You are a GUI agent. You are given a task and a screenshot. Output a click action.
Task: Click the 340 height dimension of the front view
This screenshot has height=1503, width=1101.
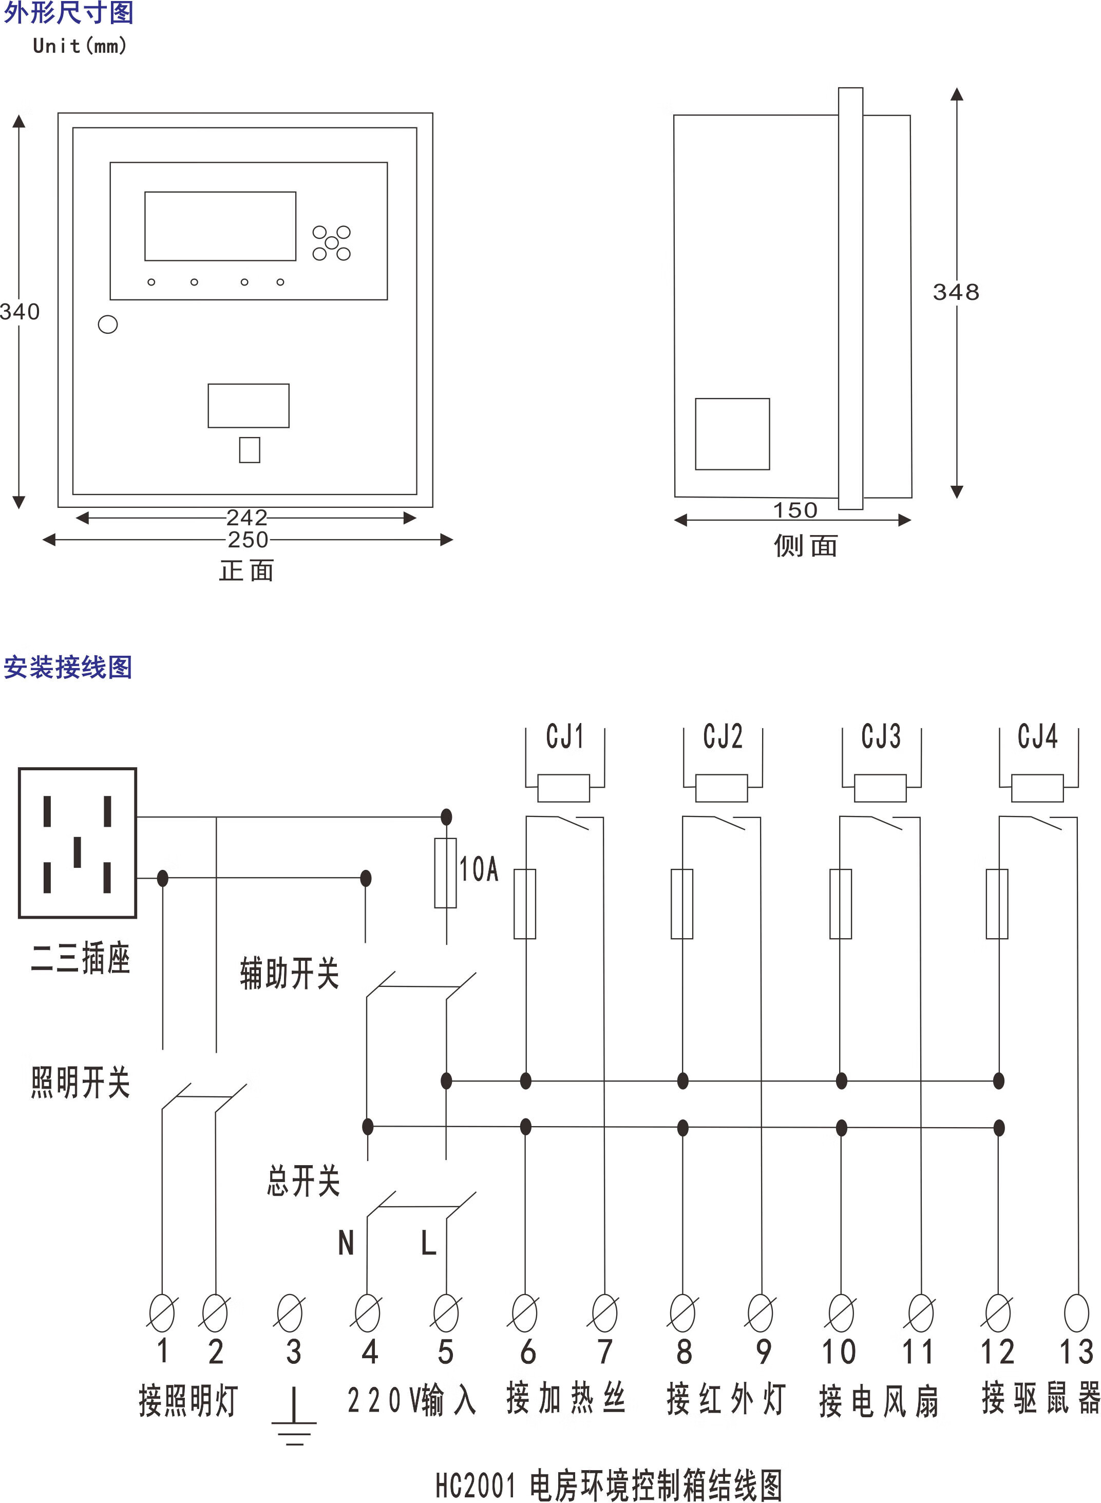point(20,312)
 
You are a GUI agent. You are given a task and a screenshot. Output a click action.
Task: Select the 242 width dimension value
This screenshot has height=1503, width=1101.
point(246,517)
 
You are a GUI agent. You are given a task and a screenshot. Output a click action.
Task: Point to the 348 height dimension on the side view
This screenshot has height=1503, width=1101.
point(956,292)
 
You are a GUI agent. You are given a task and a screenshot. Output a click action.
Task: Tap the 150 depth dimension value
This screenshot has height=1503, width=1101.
point(794,510)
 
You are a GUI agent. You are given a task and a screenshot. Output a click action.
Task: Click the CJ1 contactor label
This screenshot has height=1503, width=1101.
point(564,736)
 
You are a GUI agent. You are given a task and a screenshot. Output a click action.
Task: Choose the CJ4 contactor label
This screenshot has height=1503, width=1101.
point(1037,736)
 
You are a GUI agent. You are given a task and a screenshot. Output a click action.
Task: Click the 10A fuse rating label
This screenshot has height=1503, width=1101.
point(479,869)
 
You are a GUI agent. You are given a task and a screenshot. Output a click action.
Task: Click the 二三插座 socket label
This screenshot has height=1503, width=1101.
point(80,959)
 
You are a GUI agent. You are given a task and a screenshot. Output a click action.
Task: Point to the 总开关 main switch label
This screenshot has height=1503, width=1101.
point(303,1181)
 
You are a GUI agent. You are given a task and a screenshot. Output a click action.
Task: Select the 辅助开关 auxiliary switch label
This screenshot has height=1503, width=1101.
point(289,974)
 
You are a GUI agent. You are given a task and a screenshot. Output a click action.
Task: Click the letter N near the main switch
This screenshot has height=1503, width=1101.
point(346,1243)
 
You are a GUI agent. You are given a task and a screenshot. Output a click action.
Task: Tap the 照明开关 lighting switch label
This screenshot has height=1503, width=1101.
point(80,1082)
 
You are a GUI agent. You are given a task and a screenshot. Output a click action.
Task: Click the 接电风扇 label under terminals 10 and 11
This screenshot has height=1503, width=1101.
point(879,1401)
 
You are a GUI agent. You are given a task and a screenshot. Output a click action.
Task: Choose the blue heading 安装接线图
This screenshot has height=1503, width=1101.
point(68,667)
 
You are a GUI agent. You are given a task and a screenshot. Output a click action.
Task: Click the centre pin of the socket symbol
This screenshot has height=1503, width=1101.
point(78,852)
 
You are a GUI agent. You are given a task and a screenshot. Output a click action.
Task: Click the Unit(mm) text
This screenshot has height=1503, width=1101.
point(79,46)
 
